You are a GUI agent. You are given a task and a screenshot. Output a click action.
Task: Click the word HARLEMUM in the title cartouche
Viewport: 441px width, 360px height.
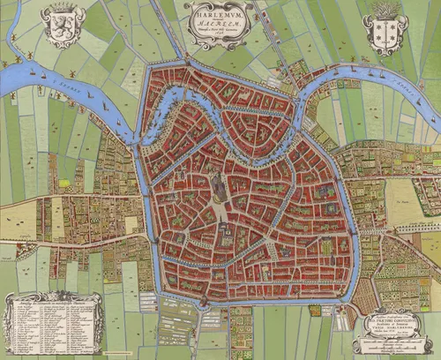218,13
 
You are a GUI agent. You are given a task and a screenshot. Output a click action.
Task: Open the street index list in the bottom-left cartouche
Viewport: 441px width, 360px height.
53,328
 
